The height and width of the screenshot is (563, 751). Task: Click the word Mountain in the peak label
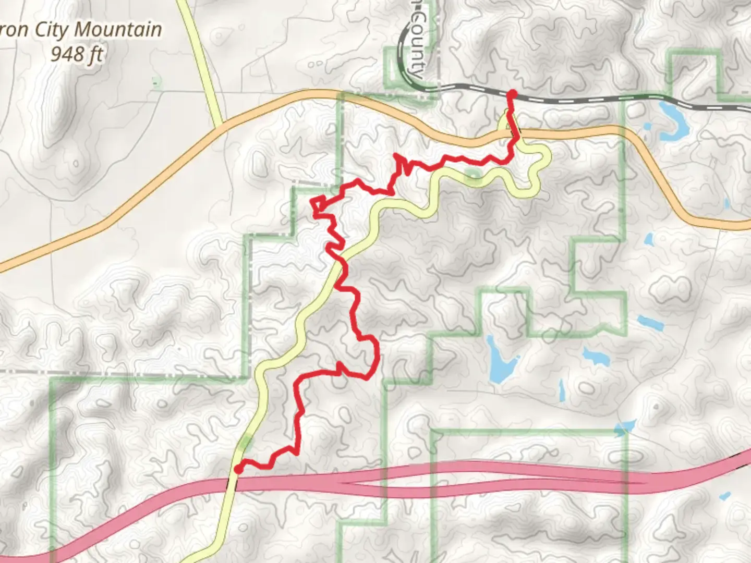pyautogui.click(x=118, y=30)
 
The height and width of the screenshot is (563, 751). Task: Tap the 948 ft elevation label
pyautogui.click(x=77, y=53)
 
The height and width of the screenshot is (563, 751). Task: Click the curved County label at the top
pyautogui.click(x=417, y=44)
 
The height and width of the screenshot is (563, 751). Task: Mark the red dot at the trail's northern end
pyautogui.click(x=512, y=94)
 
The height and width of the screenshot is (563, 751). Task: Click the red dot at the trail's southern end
pyautogui.click(x=238, y=470)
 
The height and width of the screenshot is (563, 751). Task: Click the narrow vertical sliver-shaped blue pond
pyautogui.click(x=562, y=390)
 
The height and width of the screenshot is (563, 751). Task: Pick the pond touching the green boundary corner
pyautogui.click(x=624, y=429)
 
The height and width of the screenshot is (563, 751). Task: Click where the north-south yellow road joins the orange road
pyautogui.click(x=219, y=126)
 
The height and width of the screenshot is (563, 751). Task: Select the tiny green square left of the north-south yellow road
pyautogui.click(x=155, y=81)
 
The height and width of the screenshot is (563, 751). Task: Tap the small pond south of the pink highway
pyautogui.click(x=725, y=496)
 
